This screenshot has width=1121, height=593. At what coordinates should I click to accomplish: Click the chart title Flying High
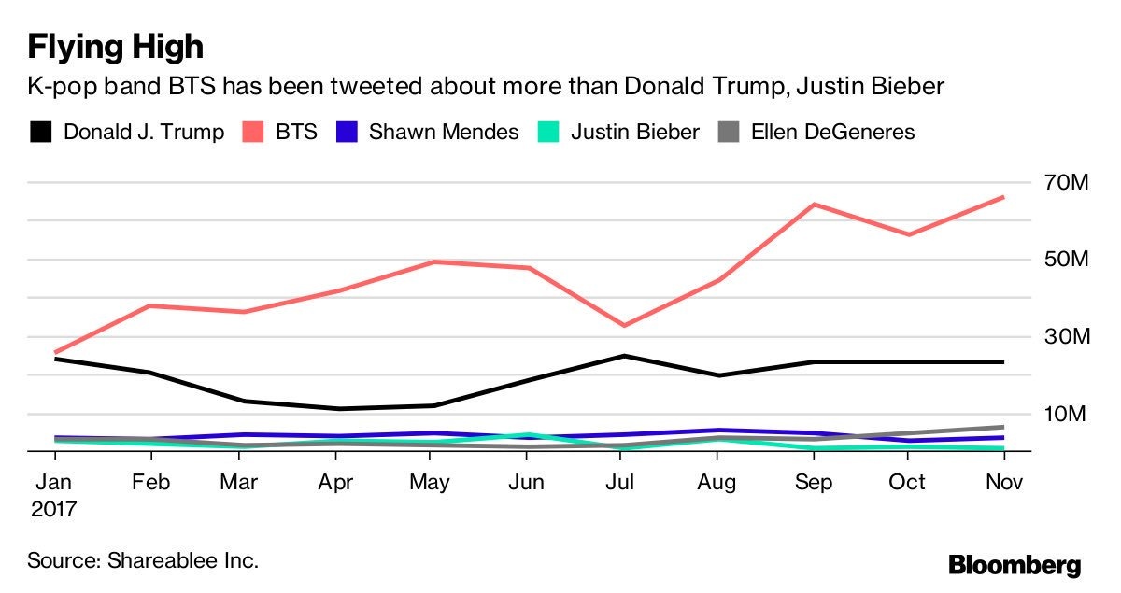tap(116, 46)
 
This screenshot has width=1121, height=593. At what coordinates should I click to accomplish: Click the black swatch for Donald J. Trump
tap(40, 132)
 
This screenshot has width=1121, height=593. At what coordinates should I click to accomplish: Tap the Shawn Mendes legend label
tap(444, 132)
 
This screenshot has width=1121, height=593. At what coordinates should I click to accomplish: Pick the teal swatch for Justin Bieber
tap(548, 132)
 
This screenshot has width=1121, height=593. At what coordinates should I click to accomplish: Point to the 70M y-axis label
tap(1064, 182)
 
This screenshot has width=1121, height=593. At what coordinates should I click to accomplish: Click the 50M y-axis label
tap(1064, 259)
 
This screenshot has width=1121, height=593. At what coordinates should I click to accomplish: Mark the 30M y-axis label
tap(1064, 336)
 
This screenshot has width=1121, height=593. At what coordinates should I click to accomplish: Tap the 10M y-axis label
tap(1064, 413)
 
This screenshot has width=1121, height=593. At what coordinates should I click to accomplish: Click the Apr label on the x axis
tap(335, 482)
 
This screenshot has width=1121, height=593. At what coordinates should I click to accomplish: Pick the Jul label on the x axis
tap(621, 482)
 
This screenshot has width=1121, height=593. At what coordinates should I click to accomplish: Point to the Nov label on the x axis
tap(1003, 482)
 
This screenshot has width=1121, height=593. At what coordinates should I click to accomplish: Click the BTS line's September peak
tap(813, 204)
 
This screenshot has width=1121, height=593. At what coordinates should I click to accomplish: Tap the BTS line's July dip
tap(622, 325)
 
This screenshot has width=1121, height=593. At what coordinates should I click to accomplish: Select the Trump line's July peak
tap(622, 356)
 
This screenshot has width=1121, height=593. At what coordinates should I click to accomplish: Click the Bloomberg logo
tap(1015, 564)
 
